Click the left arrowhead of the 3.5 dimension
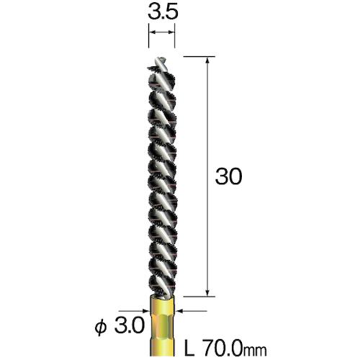click(152, 33)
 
